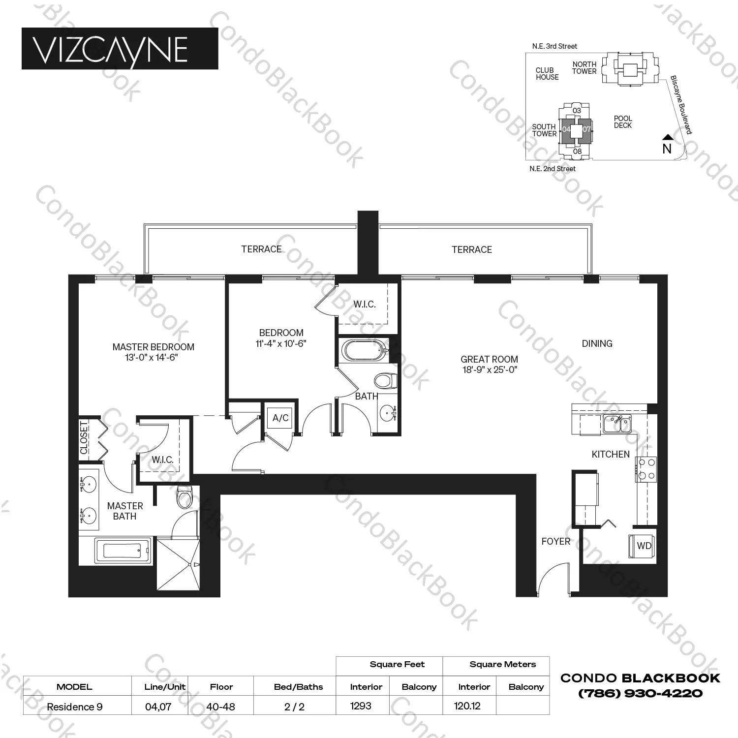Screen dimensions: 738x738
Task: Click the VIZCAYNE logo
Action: click(120, 48)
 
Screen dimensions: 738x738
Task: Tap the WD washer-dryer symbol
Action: click(643, 546)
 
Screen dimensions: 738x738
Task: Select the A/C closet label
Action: click(280, 418)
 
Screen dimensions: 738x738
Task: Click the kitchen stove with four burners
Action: click(646, 469)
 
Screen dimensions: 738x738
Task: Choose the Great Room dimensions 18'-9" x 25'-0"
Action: click(489, 370)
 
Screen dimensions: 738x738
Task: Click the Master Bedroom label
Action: click(153, 347)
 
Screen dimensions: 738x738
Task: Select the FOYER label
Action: click(555, 541)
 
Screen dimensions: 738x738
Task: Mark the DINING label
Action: click(597, 343)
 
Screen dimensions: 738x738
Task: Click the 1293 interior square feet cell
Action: click(361, 706)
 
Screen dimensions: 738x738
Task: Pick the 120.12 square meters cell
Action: click(467, 706)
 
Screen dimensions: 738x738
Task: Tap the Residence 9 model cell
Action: click(75, 707)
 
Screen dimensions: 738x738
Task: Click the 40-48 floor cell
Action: click(220, 707)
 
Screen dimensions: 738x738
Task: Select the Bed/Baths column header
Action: click(298, 687)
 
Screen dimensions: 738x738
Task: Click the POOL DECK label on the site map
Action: click(623, 122)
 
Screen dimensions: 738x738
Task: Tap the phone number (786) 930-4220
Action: click(640, 694)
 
